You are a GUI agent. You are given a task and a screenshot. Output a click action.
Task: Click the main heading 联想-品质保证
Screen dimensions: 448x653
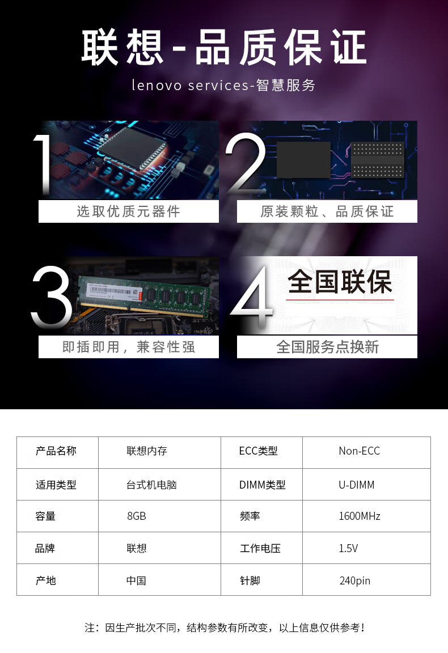pos(224,47)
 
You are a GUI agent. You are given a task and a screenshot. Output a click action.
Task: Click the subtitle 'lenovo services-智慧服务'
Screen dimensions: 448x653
pos(223,85)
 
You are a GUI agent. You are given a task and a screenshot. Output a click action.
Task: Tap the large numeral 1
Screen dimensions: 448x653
pos(43,165)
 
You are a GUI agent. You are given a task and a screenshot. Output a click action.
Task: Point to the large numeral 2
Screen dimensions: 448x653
pos(246,164)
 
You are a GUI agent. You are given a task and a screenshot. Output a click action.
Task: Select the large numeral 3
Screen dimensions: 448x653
pos(52,296)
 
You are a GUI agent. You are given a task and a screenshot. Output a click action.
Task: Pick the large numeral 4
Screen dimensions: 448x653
pos(252,296)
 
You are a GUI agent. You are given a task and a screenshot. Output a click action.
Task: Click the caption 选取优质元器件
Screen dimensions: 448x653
pos(128,211)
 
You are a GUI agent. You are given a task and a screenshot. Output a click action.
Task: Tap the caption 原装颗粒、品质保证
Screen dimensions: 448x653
pos(327,211)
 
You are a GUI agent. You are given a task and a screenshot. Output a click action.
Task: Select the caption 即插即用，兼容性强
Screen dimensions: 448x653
pos(128,347)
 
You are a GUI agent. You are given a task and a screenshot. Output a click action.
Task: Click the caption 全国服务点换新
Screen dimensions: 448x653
pos(328,347)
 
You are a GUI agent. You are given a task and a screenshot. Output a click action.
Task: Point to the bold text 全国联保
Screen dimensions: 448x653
pos(340,282)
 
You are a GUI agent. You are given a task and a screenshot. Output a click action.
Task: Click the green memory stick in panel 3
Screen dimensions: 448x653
pos(145,296)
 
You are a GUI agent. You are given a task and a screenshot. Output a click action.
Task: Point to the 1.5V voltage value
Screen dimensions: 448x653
pos(348,548)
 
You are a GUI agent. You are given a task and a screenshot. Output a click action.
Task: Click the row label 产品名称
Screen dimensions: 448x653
pos(56,451)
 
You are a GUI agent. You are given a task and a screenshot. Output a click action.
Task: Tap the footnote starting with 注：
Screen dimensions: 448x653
pos(225,627)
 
